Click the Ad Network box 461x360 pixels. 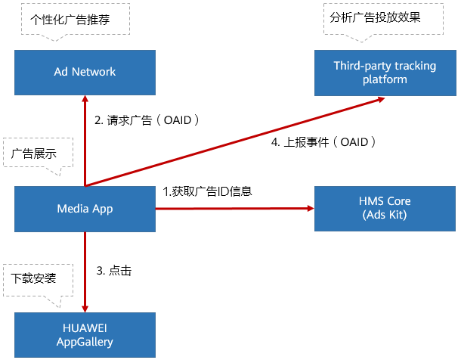pos(85,72)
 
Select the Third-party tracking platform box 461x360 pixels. pos(385,72)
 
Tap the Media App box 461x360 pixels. pos(85,208)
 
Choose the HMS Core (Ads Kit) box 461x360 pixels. pos(385,208)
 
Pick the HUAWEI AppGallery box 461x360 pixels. pos(85,335)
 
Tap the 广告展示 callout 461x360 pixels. pos(38,154)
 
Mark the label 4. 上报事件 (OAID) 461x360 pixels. pos(323,142)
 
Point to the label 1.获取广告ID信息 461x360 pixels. pos(207,191)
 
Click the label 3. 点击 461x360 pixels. pos(114,271)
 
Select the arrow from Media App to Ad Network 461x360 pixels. pos(85,140)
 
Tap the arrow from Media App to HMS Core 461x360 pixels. pos(234,208)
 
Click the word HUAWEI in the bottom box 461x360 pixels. pos(85,328)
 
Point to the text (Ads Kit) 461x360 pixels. pos(385,215)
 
